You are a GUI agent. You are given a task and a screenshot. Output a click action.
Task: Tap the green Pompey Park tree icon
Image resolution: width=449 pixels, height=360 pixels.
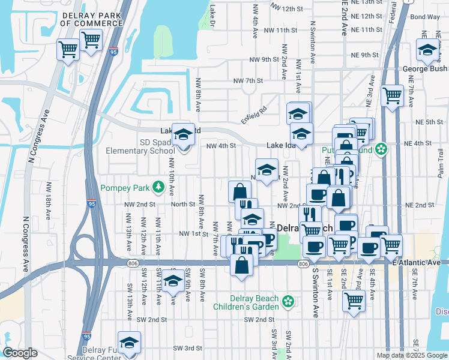point(158,187)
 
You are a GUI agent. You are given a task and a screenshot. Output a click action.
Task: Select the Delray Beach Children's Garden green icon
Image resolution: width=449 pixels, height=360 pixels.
point(288,301)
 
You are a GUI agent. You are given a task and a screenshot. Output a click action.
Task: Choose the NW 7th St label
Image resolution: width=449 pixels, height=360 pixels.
point(248,80)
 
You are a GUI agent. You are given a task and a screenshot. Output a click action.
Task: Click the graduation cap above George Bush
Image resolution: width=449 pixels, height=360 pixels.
point(427,50)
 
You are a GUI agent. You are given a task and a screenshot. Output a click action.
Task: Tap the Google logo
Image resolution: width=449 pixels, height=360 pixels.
point(20,353)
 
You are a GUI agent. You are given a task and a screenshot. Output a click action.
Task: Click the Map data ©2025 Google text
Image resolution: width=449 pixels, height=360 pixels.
point(412,355)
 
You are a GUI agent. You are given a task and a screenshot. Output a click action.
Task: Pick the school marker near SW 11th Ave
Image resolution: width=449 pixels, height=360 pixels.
point(173,281)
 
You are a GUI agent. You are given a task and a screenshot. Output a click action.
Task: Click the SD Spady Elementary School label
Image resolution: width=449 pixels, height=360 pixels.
point(140,147)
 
